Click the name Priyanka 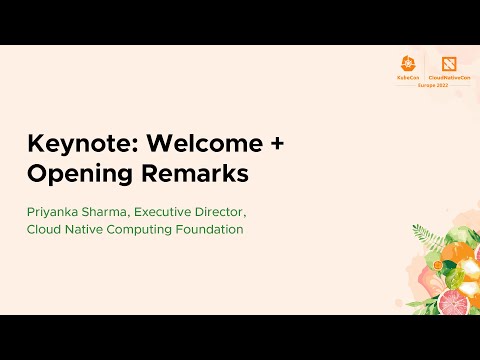56,212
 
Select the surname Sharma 112,212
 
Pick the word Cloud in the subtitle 44,230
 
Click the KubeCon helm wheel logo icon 407,62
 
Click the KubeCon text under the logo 407,76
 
